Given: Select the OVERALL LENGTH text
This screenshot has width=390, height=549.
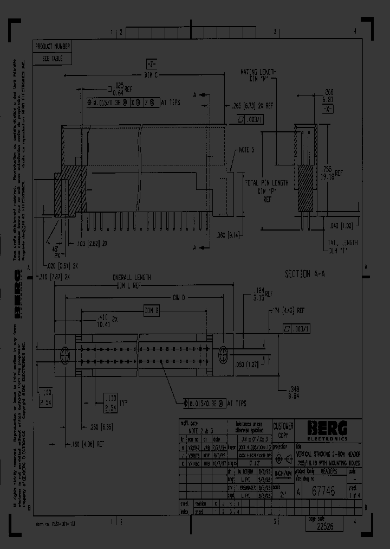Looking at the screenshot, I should (132, 278).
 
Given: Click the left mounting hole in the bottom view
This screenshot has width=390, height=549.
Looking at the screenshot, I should (64, 355).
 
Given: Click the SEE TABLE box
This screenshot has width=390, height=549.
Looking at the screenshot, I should (53, 59).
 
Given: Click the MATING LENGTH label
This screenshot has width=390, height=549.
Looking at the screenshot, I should (258, 72).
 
